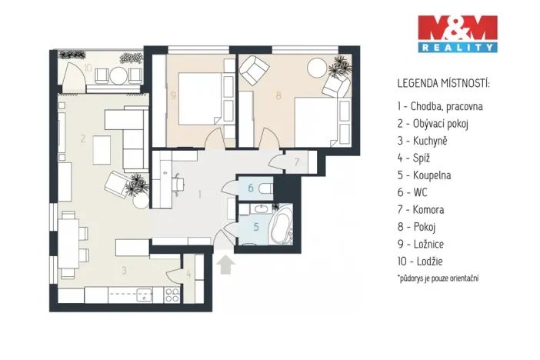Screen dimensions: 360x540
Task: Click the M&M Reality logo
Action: coord(457,33)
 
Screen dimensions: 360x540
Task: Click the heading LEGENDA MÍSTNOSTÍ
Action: coord(443,82)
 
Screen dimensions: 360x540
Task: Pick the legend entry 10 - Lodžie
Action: coord(422,261)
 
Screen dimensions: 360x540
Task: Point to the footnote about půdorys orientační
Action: coord(438,278)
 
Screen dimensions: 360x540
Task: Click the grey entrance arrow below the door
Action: coord(225,265)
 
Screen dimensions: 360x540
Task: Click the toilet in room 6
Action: coord(265,188)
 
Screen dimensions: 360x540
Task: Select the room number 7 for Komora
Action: coord(297,162)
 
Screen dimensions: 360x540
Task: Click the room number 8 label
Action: coord(279,97)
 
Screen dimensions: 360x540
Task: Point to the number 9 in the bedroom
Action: coord(174,96)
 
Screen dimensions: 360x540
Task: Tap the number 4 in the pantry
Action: coord(188,273)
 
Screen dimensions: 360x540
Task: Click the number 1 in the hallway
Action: coord(199,195)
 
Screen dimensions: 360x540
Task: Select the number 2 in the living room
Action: coord(82,139)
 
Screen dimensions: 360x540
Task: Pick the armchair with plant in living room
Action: coord(123,184)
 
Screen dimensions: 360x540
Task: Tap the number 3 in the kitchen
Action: coord(122,270)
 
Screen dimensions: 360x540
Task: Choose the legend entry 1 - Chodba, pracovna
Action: coord(440,107)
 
